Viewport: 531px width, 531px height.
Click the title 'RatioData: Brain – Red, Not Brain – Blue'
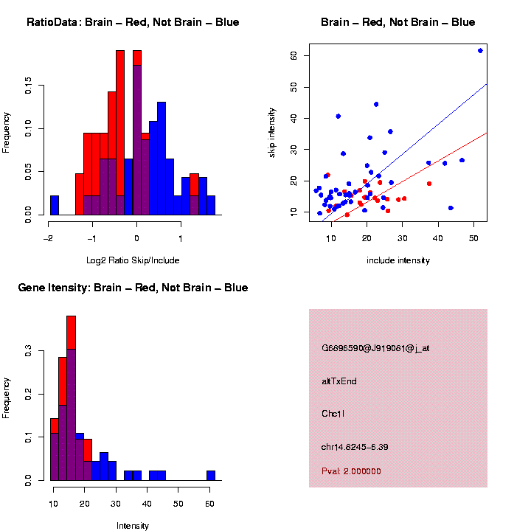(133, 22)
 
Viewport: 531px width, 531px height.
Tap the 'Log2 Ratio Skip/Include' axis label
(132, 260)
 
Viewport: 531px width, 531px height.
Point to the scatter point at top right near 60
(480, 50)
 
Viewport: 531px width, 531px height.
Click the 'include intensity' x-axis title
(398, 260)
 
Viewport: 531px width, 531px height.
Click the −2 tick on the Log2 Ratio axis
(49, 238)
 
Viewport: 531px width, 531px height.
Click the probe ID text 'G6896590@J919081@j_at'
(375, 348)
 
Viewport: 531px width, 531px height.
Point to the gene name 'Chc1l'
(333, 414)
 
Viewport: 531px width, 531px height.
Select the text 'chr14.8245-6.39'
(355, 447)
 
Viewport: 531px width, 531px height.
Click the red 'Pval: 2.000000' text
(351, 471)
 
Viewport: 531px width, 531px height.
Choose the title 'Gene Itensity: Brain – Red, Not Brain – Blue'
(133, 288)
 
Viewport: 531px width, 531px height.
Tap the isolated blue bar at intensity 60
(211, 475)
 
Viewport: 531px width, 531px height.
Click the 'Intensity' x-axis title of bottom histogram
(133, 526)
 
